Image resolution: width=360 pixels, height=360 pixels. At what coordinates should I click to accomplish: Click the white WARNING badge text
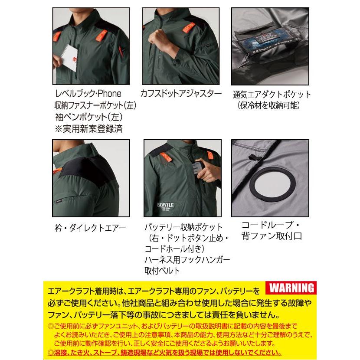(x=289, y=288)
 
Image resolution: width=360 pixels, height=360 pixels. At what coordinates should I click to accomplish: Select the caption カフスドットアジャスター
(x=181, y=94)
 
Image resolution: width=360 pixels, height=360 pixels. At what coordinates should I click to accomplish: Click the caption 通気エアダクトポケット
(x=272, y=95)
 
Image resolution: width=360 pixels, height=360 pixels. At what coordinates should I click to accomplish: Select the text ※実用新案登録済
(x=88, y=128)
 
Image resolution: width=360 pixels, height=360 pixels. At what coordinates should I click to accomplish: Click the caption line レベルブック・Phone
(x=88, y=94)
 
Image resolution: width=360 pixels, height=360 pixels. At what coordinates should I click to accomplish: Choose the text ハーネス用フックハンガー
(x=187, y=260)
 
